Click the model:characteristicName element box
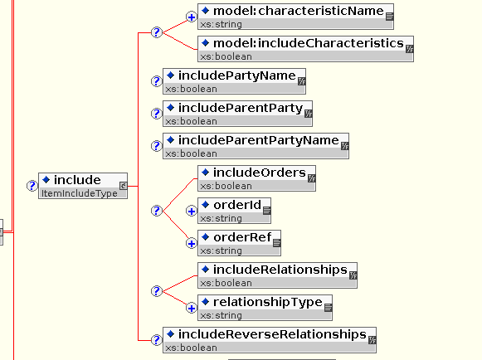[x=295, y=17]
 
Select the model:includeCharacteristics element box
[x=305, y=49]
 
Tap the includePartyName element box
[x=234, y=81]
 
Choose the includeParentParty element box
[x=237, y=114]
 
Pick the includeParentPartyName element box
[x=256, y=146]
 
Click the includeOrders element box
[x=256, y=178]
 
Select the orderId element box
[x=234, y=211]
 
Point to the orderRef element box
[x=239, y=243]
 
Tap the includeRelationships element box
[x=277, y=275]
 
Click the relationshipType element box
[x=265, y=308]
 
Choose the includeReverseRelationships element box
[x=270, y=340]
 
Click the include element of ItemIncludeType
[x=83, y=186]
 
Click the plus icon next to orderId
[x=191, y=212]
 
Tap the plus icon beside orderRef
[x=191, y=244]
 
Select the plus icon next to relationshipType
[x=191, y=308]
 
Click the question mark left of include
[x=32, y=186]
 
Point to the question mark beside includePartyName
[x=157, y=81]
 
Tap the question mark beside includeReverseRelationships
[x=157, y=340]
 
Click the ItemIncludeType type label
[x=80, y=193]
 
